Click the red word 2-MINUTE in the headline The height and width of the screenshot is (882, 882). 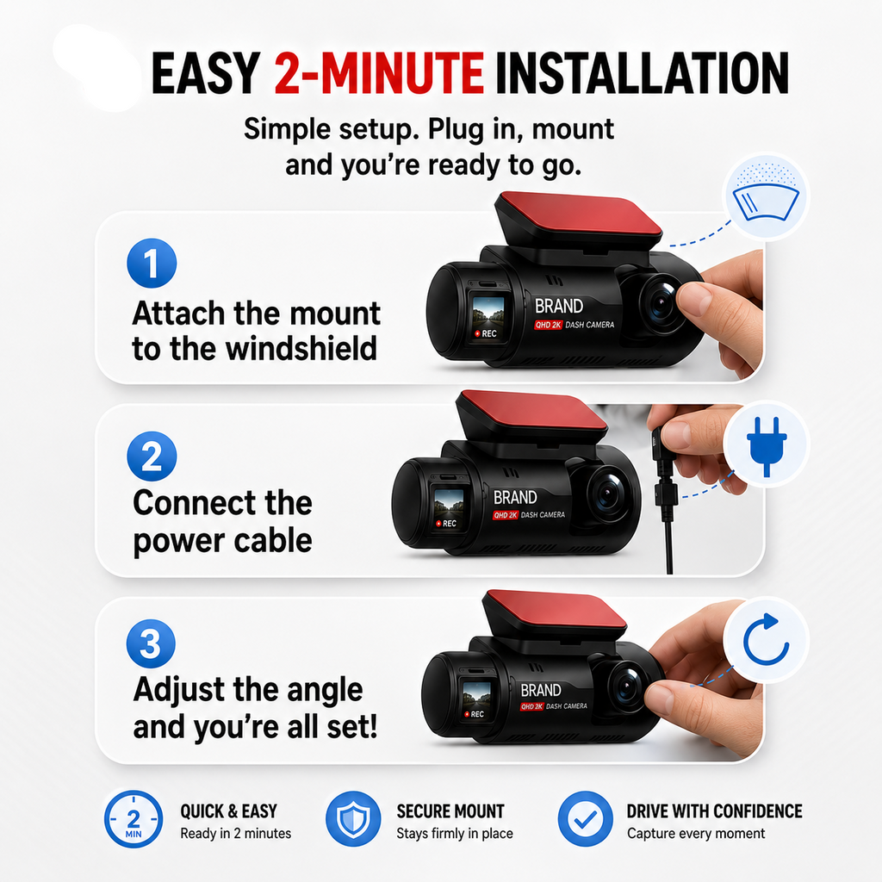(x=379, y=73)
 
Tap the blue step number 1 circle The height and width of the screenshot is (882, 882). (x=152, y=264)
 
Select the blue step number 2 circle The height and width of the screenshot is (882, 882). (x=152, y=457)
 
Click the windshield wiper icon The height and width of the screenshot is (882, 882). (x=766, y=198)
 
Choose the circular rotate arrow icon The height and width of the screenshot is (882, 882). (x=766, y=640)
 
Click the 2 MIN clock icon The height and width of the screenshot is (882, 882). (x=134, y=819)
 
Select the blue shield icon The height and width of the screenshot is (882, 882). (x=354, y=819)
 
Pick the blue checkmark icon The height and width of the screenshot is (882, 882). (x=586, y=819)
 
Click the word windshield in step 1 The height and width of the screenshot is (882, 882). (x=301, y=348)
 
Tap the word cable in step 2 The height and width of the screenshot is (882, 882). (x=273, y=541)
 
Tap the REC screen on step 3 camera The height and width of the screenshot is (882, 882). (x=477, y=699)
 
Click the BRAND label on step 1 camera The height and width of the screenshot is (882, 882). (x=558, y=306)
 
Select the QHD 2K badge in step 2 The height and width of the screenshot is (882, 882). (x=506, y=515)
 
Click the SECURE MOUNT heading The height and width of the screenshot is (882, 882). (x=450, y=811)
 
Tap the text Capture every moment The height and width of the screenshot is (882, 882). (x=696, y=834)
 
